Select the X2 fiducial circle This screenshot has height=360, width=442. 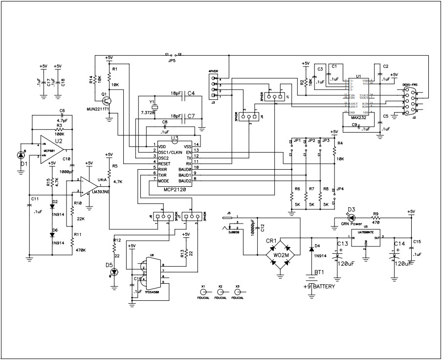pyautogui.click(x=220, y=292)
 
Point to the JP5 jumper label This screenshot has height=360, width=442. pyautogui.click(x=172, y=60)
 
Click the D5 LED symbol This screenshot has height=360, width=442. pyautogui.click(x=114, y=272)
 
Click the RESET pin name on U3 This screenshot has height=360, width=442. pyautogui.click(x=164, y=163)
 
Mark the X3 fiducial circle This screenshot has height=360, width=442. pyautogui.click(x=238, y=292)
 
